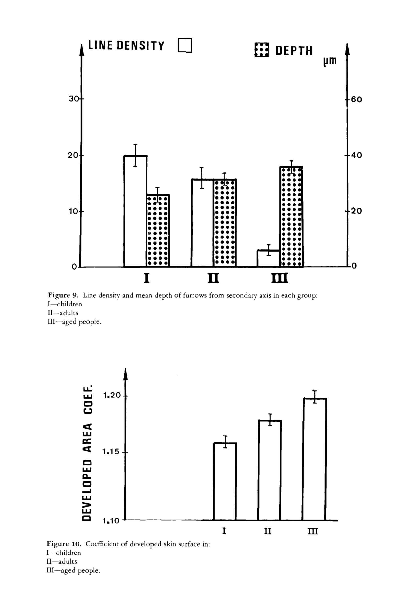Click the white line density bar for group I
(x=135, y=211)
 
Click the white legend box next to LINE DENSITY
(x=185, y=45)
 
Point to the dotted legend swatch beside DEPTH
(x=261, y=50)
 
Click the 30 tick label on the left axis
(x=74, y=99)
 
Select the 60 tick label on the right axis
(x=356, y=99)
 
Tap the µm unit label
(x=330, y=61)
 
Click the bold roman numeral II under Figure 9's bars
(x=213, y=278)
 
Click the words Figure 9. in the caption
(x=63, y=296)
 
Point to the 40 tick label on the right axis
(x=356, y=155)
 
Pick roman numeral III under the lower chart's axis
(x=313, y=531)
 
